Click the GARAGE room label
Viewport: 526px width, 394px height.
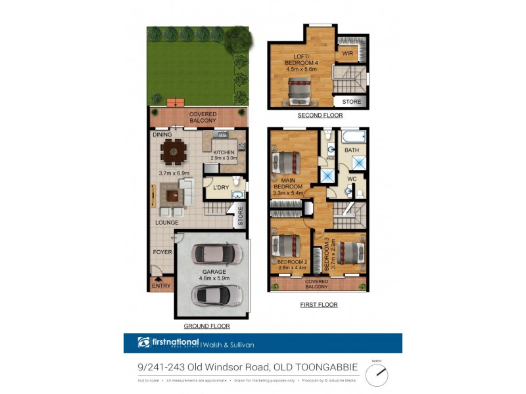pyautogui.click(x=214, y=271)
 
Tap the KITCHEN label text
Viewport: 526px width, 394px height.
pyautogui.click(x=222, y=152)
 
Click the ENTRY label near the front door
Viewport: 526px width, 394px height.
pyautogui.click(x=161, y=286)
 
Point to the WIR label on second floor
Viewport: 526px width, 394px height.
pyautogui.click(x=347, y=54)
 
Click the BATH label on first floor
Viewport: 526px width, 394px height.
pyautogui.click(x=352, y=150)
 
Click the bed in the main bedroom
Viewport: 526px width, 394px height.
pyautogui.click(x=286, y=162)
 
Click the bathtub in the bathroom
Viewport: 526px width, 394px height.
pyautogui.click(x=352, y=137)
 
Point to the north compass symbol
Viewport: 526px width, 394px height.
pyautogui.click(x=377, y=374)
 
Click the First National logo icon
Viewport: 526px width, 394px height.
pyautogui.click(x=144, y=342)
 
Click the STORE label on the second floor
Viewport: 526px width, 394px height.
pyautogui.click(x=351, y=102)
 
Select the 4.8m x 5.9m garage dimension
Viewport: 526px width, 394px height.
pyautogui.click(x=214, y=279)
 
